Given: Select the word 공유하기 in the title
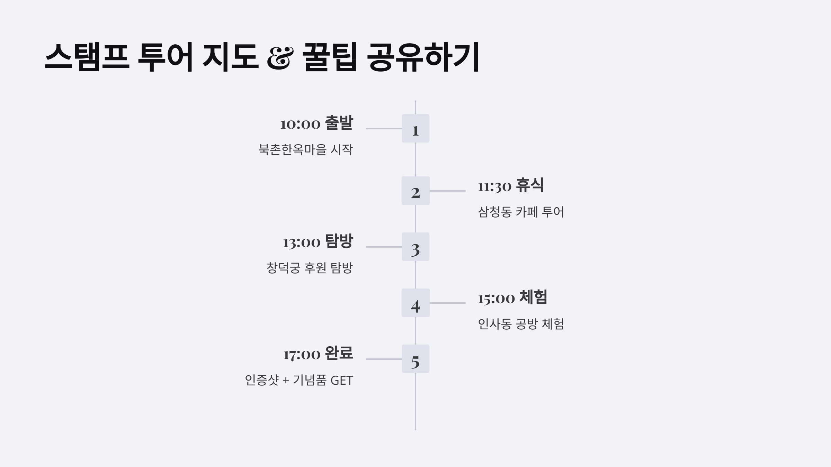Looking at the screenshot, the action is [423, 57].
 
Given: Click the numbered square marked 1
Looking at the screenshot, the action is [415, 128].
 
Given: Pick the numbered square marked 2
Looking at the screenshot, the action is [415, 191].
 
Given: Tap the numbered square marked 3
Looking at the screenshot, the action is [415, 247].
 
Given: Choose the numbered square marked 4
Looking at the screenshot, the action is [415, 303].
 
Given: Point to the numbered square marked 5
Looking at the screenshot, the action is [415, 359].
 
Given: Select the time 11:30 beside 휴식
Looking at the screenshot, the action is [494, 186].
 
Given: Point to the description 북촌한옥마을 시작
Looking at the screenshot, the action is [305, 150].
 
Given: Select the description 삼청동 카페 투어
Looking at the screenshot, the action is [521, 212].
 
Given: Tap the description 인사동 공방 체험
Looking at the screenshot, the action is [521, 324].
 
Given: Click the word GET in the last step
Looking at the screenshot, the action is [341, 381].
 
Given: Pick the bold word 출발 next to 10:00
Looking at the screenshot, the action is [339, 123].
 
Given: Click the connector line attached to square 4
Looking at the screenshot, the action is [447, 303].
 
